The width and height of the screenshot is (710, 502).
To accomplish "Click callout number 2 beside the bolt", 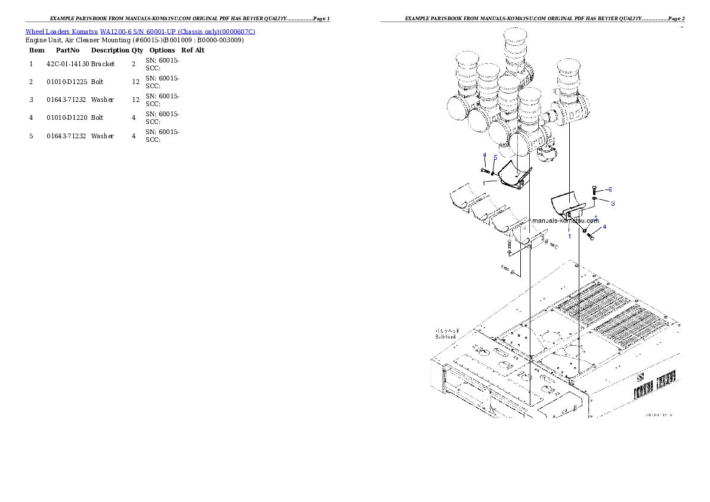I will pyautogui.click(x=610, y=189).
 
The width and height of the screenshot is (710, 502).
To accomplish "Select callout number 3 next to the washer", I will pyautogui.click(x=612, y=203).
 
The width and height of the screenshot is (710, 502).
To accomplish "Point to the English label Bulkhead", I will pyautogui.click(x=446, y=337).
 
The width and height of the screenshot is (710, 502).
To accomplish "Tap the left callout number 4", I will pyautogui.click(x=484, y=155).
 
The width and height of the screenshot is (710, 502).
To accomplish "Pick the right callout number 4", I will pyautogui.click(x=604, y=227).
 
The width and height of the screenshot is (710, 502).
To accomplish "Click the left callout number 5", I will pyautogui.click(x=495, y=157).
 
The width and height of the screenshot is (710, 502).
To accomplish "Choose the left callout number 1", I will pyautogui.click(x=484, y=182).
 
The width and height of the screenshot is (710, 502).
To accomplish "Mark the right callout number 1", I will pyautogui.click(x=569, y=236).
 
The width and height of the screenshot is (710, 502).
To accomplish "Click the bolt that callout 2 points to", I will pyautogui.click(x=595, y=190).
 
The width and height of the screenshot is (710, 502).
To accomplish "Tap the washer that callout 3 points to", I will pyautogui.click(x=595, y=198).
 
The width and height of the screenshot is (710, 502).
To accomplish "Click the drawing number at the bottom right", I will pyautogui.click(x=658, y=414).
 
